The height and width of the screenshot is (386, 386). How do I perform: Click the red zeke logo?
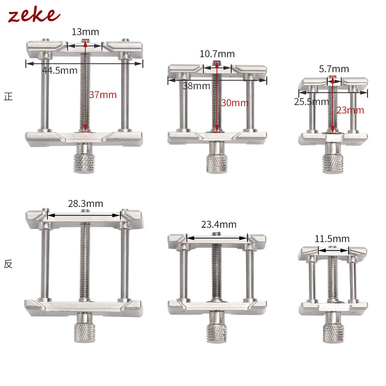(x=34, y=14)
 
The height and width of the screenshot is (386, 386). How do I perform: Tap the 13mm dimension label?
(x=85, y=32)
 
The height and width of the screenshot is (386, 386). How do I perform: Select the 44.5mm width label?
(x=60, y=70)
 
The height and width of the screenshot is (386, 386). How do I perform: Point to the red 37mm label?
(x=103, y=95)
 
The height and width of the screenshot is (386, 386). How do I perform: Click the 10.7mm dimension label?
(x=217, y=54)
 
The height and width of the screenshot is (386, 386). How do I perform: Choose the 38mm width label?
(x=196, y=86)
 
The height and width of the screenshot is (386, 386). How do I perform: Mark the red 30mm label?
(x=235, y=103)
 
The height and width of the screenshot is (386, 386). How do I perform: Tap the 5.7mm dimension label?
(x=334, y=69)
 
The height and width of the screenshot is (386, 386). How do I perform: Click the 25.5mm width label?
(x=311, y=102)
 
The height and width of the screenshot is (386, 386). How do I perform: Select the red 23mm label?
(x=350, y=110)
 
